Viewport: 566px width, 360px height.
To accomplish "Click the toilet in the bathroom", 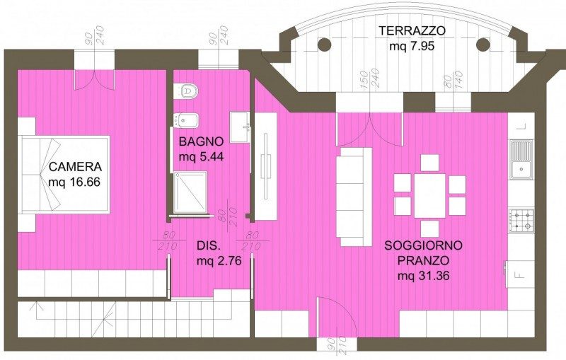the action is [187, 91].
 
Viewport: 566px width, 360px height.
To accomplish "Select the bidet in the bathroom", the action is [186, 120].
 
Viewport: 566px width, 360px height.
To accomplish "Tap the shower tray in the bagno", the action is [190, 192].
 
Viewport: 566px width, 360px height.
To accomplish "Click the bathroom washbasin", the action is [240, 127].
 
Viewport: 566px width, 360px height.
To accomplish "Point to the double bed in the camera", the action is [65, 175].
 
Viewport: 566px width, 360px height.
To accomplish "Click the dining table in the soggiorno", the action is [430, 196].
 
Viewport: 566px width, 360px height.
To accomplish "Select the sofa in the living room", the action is [354, 197].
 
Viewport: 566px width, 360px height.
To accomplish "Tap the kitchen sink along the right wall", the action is [521, 159].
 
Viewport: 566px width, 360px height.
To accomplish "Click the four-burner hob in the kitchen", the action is [521, 221].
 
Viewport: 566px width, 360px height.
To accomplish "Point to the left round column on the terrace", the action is [324, 45].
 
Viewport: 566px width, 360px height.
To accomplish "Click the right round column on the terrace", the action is [483, 45].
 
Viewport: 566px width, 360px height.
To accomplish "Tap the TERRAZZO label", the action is [412, 31].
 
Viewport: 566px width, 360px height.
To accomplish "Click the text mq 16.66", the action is [74, 182].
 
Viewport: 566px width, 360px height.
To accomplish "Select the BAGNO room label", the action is [201, 141].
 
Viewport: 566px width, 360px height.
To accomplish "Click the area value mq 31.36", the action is [423, 276].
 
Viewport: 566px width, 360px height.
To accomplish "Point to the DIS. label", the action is [208, 245].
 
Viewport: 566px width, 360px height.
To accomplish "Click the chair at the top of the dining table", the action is [430, 163].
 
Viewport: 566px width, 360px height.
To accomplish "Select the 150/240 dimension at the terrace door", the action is [369, 79].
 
